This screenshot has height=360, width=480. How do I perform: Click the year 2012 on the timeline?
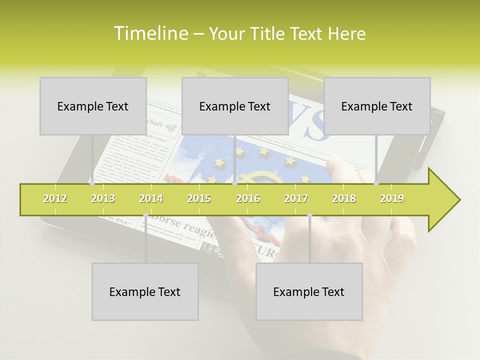coord(55,198)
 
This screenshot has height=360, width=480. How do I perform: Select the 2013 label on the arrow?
coord(103,198)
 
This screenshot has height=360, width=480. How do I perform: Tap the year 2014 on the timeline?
coord(151,198)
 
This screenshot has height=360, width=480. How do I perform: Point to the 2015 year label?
coord(199,198)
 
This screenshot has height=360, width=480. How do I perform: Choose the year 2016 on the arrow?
coord(248,198)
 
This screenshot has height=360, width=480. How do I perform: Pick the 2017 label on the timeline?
coord(296,198)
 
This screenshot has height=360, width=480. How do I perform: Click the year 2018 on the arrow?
coord(344,198)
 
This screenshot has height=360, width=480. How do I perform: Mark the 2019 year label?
coord(392,198)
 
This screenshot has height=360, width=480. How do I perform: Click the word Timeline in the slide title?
coord(150,33)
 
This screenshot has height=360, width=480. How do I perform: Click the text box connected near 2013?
coord(93,106)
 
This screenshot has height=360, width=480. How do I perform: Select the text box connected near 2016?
coord(235,106)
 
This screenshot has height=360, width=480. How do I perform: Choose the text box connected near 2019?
coord(377,106)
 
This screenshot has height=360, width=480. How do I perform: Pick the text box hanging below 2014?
coord(145,291)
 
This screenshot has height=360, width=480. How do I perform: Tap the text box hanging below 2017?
coord(309,291)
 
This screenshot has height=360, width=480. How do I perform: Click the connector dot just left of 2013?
coord(92,183)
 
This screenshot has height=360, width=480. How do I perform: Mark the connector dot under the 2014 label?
coord(145,215)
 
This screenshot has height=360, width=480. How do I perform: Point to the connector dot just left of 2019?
coord(376,183)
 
